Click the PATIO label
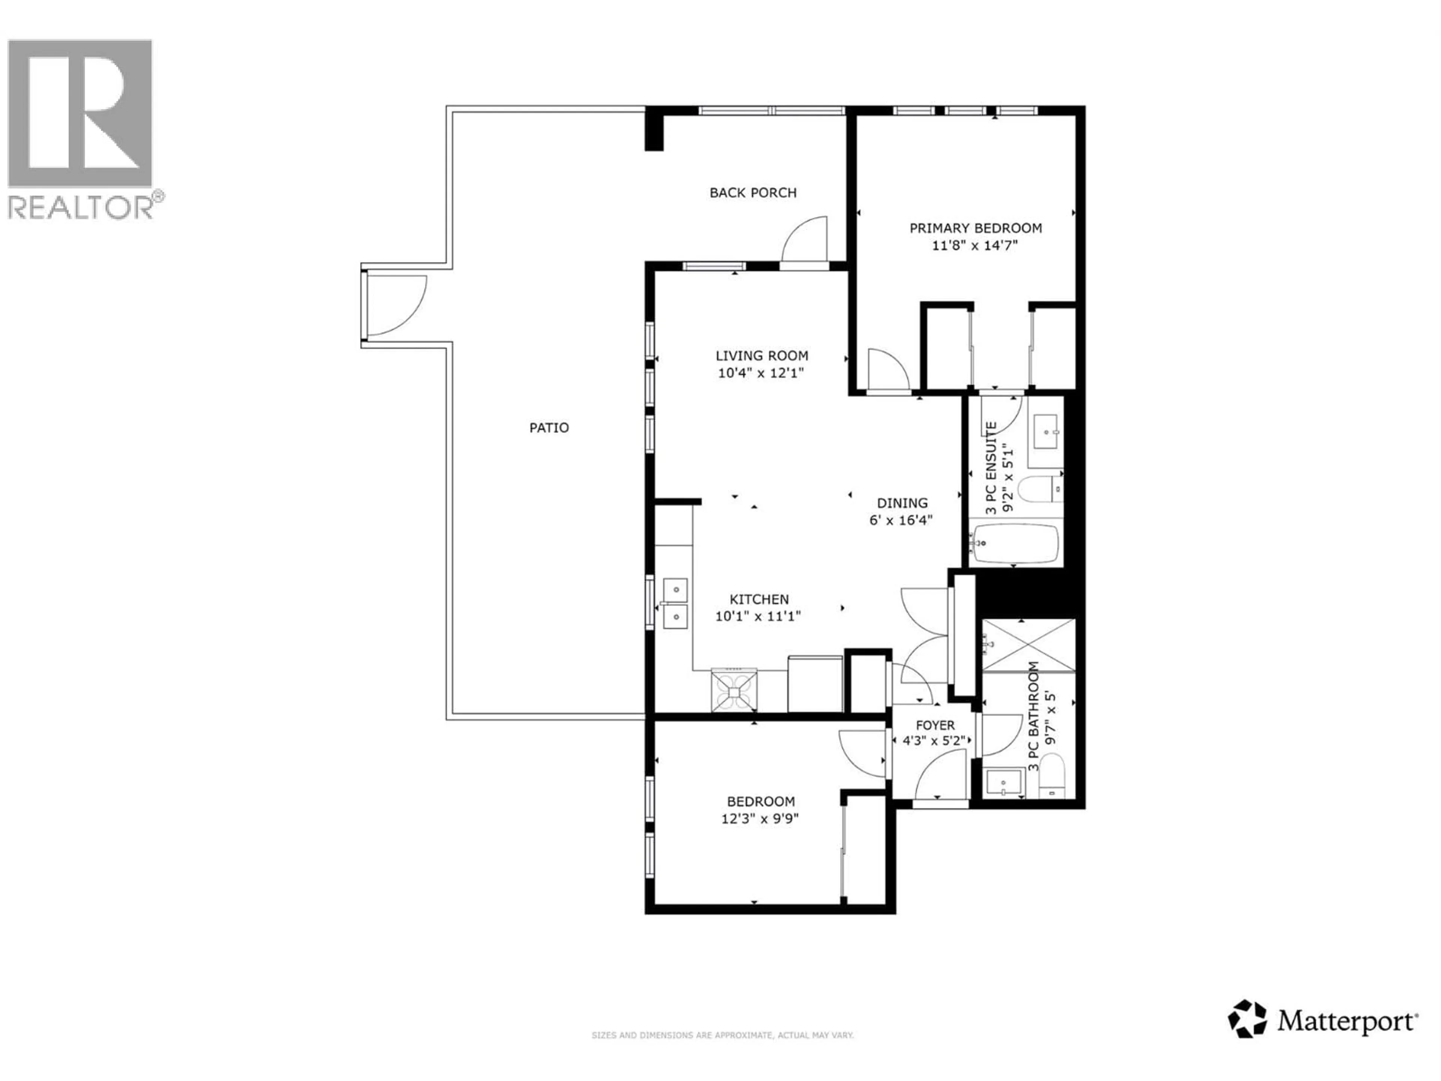[x=549, y=428]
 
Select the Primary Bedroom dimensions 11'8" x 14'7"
[x=975, y=245]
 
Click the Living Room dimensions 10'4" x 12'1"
[x=761, y=373]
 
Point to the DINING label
[x=902, y=503]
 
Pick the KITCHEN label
[x=758, y=599]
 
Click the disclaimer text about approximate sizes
[x=722, y=1035]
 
